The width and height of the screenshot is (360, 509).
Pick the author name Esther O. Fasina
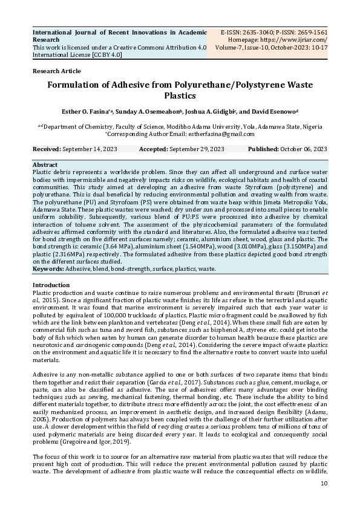(100, 112)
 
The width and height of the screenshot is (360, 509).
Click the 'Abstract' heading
(45, 164)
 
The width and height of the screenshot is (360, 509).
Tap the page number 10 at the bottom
(324, 483)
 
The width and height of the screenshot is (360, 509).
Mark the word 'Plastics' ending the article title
(180, 96)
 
